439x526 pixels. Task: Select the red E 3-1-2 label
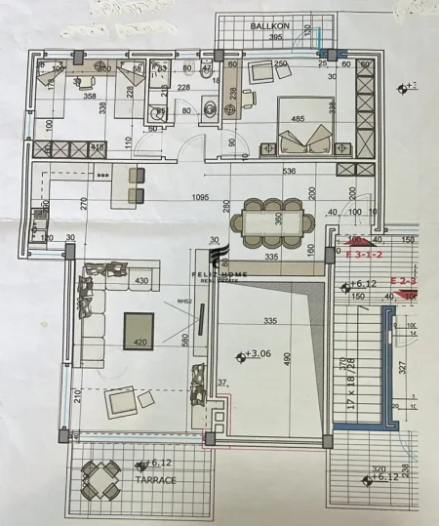tap(364, 254)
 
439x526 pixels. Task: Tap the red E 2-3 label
tap(403, 281)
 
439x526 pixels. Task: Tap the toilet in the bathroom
tap(206, 74)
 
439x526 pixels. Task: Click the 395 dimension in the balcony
tap(276, 37)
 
